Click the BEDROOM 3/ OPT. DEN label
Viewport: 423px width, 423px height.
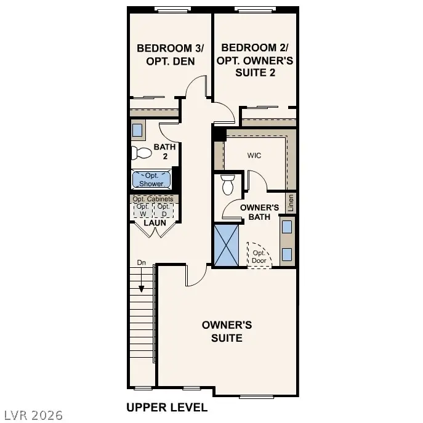[165, 54]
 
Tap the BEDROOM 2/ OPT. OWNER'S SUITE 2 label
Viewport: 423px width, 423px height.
[255, 60]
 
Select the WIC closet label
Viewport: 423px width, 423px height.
[254, 155]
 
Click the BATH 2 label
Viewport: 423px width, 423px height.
[164, 151]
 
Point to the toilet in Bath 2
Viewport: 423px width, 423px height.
[141, 153]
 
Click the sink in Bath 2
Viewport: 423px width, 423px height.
[137, 130]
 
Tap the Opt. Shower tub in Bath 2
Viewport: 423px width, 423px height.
[151, 179]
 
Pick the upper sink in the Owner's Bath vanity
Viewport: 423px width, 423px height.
[287, 227]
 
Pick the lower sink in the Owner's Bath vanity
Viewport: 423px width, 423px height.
[287, 254]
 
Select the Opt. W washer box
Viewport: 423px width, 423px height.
[143, 210]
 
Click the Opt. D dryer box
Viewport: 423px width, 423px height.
[163, 210]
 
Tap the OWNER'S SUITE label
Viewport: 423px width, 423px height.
[227, 331]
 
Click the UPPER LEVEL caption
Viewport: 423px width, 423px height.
[166, 407]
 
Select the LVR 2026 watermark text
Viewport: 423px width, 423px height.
[32, 416]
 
